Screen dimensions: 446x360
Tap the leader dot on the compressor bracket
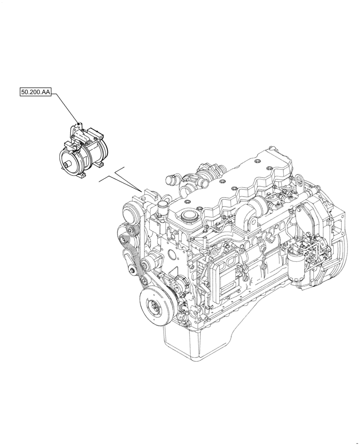[x=79, y=123]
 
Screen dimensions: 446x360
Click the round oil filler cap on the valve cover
[x=189, y=217]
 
